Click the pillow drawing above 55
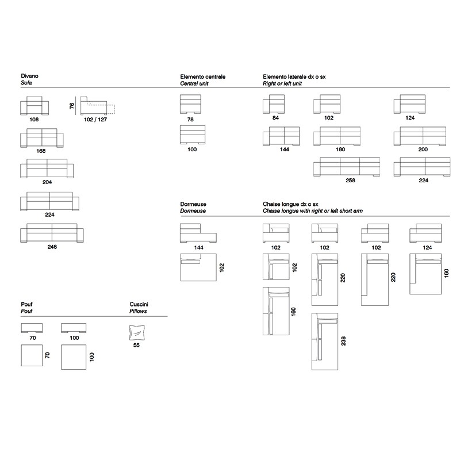[x=137, y=333]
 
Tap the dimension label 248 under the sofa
[x=52, y=247]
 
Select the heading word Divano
[x=30, y=76]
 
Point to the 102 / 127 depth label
[x=95, y=120]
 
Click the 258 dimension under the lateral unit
[x=350, y=181]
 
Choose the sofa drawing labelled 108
[x=34, y=106]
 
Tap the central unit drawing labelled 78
[x=190, y=104]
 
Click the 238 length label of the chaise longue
[x=343, y=341]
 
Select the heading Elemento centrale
[x=203, y=77]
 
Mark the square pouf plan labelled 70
[x=32, y=355]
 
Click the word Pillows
[x=138, y=311]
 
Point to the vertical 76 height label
[x=72, y=106]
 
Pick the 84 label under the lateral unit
[x=275, y=118]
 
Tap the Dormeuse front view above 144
[x=198, y=233]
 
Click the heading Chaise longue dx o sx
[x=290, y=204]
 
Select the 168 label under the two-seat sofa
[x=41, y=151]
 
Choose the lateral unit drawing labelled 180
[x=337, y=136]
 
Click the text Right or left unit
[x=282, y=83]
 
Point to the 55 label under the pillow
[x=136, y=346]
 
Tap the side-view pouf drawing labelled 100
[x=74, y=328]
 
